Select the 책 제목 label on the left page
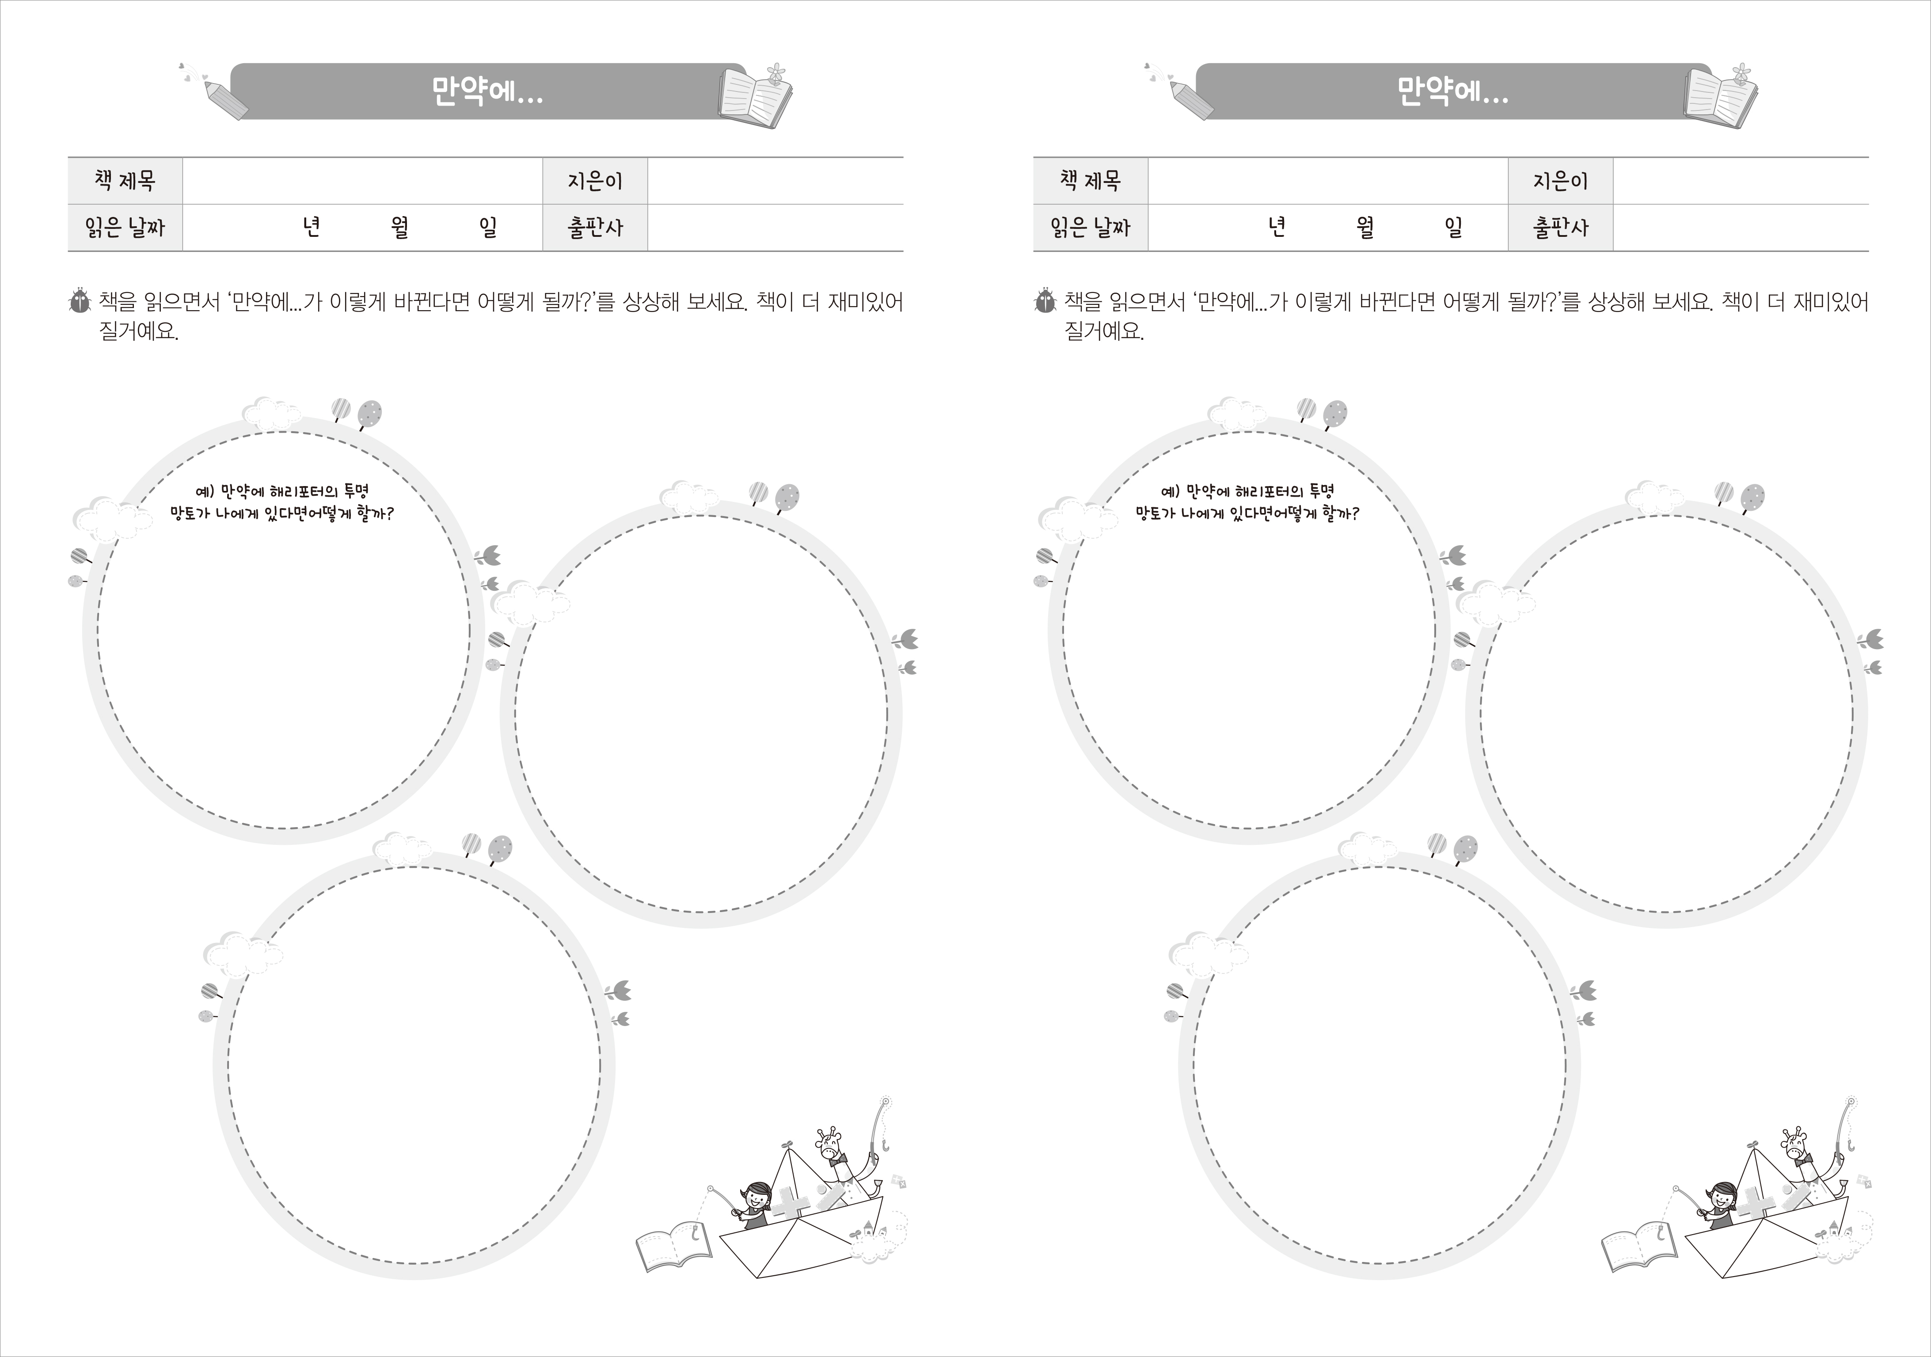[125, 181]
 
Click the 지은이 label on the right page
[1560, 181]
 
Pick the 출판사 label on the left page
[596, 227]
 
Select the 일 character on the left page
[488, 227]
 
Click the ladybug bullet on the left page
[80, 302]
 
